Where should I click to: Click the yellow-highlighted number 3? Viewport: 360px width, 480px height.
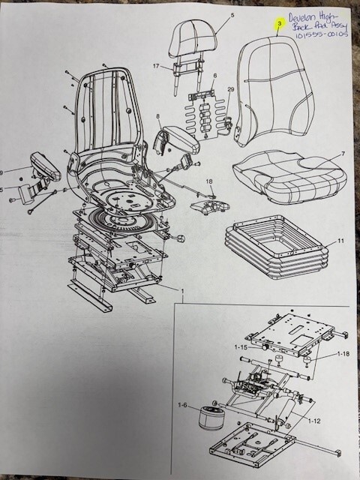279,25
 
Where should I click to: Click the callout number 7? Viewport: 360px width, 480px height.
342,154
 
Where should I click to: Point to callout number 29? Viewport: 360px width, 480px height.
230,89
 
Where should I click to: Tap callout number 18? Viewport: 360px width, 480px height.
210,181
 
